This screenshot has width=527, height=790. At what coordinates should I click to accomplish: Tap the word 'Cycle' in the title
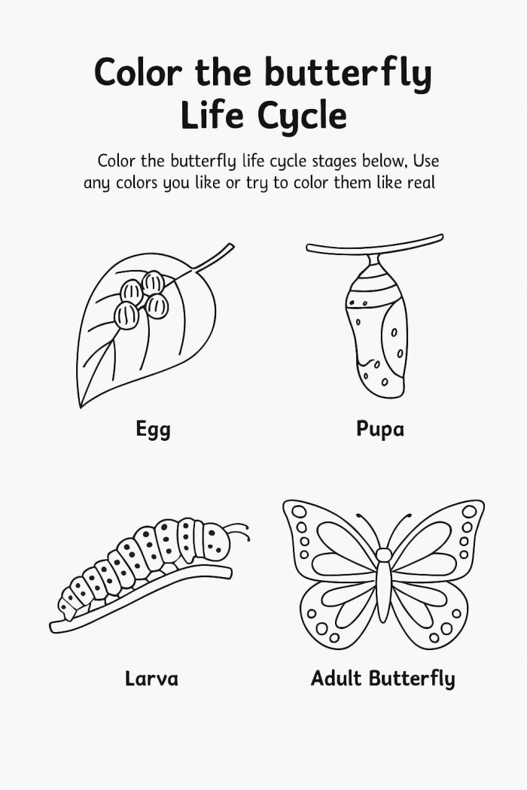pyautogui.click(x=301, y=117)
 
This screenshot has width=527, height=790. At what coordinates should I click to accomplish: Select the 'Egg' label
pyautogui.click(x=153, y=430)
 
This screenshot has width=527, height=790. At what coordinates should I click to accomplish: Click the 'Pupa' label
pyautogui.click(x=380, y=429)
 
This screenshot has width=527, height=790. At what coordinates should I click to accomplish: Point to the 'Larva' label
pyautogui.click(x=151, y=678)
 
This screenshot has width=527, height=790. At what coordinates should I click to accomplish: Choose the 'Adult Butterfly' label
pyautogui.click(x=382, y=678)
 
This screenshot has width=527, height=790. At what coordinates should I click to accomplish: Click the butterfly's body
pyautogui.click(x=383, y=591)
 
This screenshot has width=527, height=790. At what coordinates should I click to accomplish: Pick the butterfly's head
pyautogui.click(x=383, y=555)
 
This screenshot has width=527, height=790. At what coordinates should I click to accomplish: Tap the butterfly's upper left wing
pyautogui.click(x=331, y=538)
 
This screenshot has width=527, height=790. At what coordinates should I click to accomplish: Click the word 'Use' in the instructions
pyautogui.click(x=425, y=161)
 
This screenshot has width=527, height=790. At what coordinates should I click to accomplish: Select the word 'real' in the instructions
pyautogui.click(x=421, y=183)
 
